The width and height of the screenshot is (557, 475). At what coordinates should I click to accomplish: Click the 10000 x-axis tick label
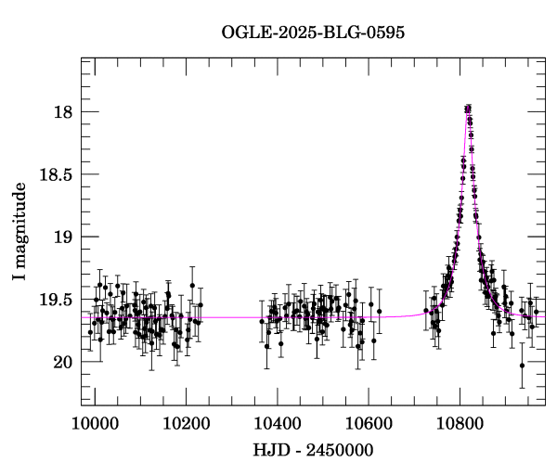[x=94, y=422]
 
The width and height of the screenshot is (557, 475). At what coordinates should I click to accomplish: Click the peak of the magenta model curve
[x=469, y=109]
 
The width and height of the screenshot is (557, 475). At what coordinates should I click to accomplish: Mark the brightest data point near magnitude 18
[x=469, y=109]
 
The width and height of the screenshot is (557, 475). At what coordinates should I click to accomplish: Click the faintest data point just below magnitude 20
[x=523, y=366]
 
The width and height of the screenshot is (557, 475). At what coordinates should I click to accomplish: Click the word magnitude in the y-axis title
[x=20, y=219]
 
